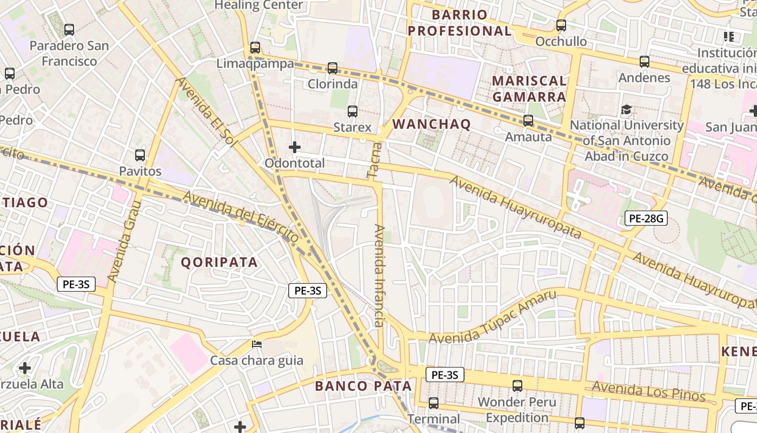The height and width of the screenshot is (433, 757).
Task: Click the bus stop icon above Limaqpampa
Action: (x=255, y=48)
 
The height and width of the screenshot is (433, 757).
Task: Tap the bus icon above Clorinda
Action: (x=333, y=68)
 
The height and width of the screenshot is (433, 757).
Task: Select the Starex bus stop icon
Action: (x=353, y=111)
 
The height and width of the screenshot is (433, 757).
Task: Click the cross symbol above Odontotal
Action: (x=295, y=147)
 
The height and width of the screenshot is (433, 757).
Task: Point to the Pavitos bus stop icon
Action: (x=140, y=155)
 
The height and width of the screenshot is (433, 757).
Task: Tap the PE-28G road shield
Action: (x=646, y=219)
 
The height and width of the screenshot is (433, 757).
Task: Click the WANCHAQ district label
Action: (x=431, y=124)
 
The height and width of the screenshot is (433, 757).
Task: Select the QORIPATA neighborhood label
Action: (x=219, y=263)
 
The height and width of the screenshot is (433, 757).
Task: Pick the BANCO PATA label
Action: (x=363, y=386)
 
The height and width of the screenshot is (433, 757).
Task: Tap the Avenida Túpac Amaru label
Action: (x=493, y=317)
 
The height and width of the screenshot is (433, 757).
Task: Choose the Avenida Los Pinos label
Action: (x=648, y=391)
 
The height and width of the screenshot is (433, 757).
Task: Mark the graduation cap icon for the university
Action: (x=627, y=109)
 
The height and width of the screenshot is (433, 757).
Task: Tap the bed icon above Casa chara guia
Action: (x=257, y=344)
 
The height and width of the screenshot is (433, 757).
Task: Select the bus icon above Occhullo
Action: (x=561, y=25)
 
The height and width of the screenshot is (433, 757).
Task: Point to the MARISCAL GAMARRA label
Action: (x=529, y=89)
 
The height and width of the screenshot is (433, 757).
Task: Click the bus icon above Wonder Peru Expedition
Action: (x=517, y=386)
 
